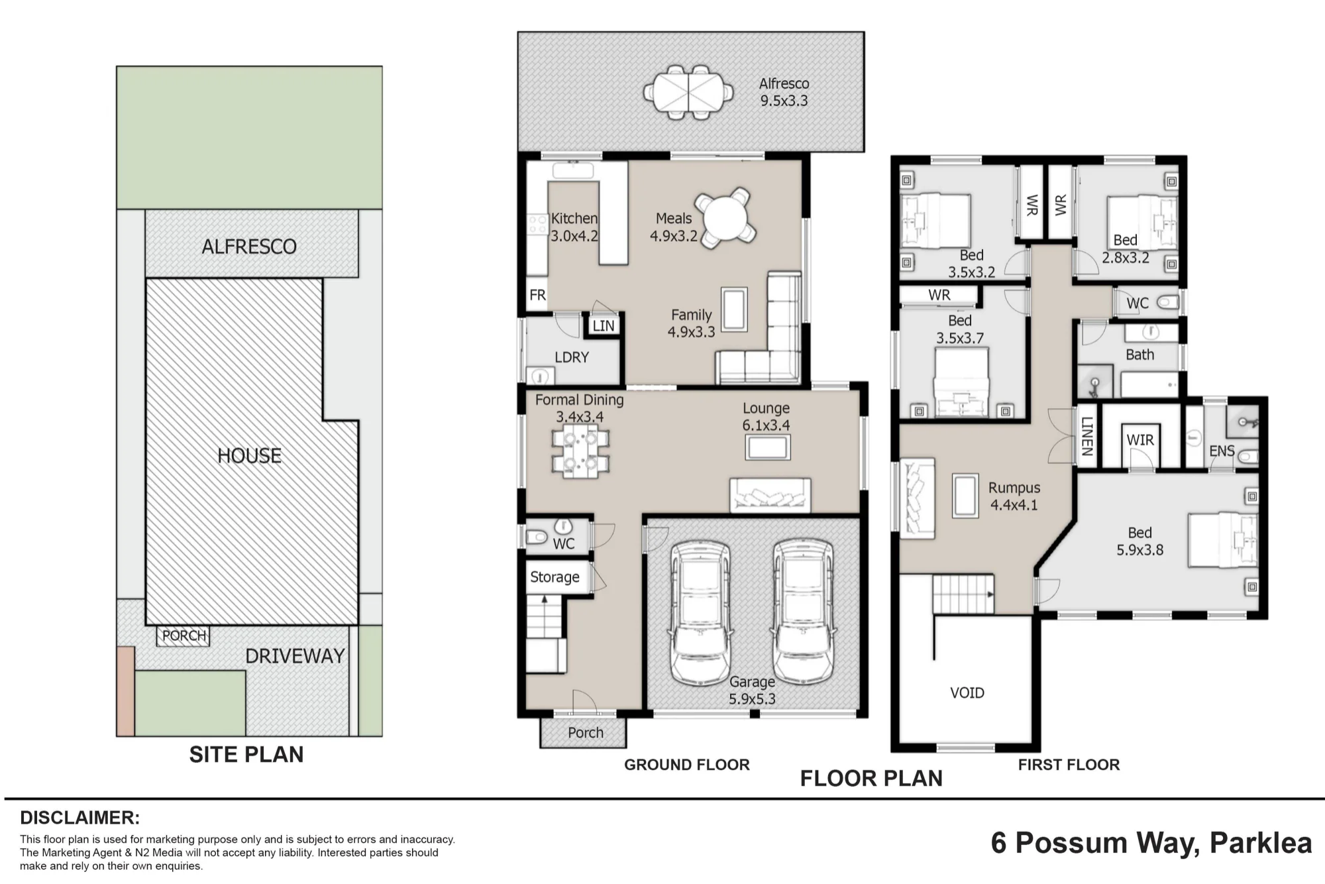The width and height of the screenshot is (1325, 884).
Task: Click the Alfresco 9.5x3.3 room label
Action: point(784,92)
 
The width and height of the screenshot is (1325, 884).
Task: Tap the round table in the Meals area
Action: point(725,218)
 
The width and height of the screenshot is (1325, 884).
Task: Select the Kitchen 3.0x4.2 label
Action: point(574,227)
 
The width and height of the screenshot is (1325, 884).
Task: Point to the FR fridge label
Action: point(537,295)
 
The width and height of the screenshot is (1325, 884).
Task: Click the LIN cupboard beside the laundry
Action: point(604,325)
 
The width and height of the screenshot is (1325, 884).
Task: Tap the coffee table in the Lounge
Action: point(768,447)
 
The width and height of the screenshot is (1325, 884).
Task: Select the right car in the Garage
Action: point(803,611)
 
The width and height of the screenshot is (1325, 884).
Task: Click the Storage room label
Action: point(555,577)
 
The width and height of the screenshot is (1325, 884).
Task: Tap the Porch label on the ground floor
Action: point(586,733)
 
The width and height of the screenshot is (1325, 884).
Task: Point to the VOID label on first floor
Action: point(967,693)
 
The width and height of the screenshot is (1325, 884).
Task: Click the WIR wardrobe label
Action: point(1140,440)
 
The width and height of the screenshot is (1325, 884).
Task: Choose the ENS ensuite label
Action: point(1222,451)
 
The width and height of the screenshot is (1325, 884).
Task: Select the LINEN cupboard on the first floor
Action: point(1086,436)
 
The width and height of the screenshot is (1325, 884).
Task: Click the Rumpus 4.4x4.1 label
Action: point(1014,496)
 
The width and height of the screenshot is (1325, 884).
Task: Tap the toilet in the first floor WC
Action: point(1169,303)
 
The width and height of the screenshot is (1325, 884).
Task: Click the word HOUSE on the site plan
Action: point(250,456)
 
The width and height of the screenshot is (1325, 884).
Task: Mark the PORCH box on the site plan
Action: point(184,636)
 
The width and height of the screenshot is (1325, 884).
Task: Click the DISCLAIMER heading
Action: point(80,818)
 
